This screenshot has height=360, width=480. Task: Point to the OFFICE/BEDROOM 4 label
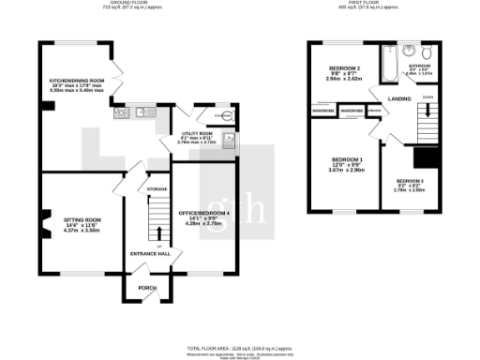[x=203, y=215]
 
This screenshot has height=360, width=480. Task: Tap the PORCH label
[x=147, y=287]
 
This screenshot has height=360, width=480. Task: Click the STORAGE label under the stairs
[x=157, y=189]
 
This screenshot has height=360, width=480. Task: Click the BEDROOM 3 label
[x=410, y=180]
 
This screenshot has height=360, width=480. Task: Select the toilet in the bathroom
[x=427, y=50]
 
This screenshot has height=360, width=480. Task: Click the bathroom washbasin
[x=410, y=49]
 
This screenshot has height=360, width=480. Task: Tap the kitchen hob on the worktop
[x=121, y=113]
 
